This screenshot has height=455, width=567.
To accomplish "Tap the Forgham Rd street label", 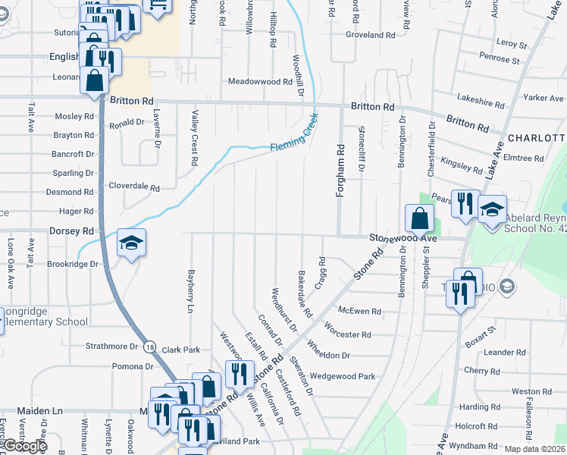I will click(340, 172).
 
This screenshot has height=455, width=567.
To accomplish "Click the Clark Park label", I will click(180, 350).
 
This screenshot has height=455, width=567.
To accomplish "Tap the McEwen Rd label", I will click(359, 311).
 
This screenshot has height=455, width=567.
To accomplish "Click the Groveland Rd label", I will click(371, 35).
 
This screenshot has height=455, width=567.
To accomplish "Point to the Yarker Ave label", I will click(544, 98).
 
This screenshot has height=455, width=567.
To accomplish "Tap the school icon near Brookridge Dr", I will click(131, 243).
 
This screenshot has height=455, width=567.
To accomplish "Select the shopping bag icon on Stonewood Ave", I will click(419, 218).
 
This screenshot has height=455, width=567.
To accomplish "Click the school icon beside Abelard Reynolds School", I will click(492, 209).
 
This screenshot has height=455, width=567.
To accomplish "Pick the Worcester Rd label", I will click(347, 334).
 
